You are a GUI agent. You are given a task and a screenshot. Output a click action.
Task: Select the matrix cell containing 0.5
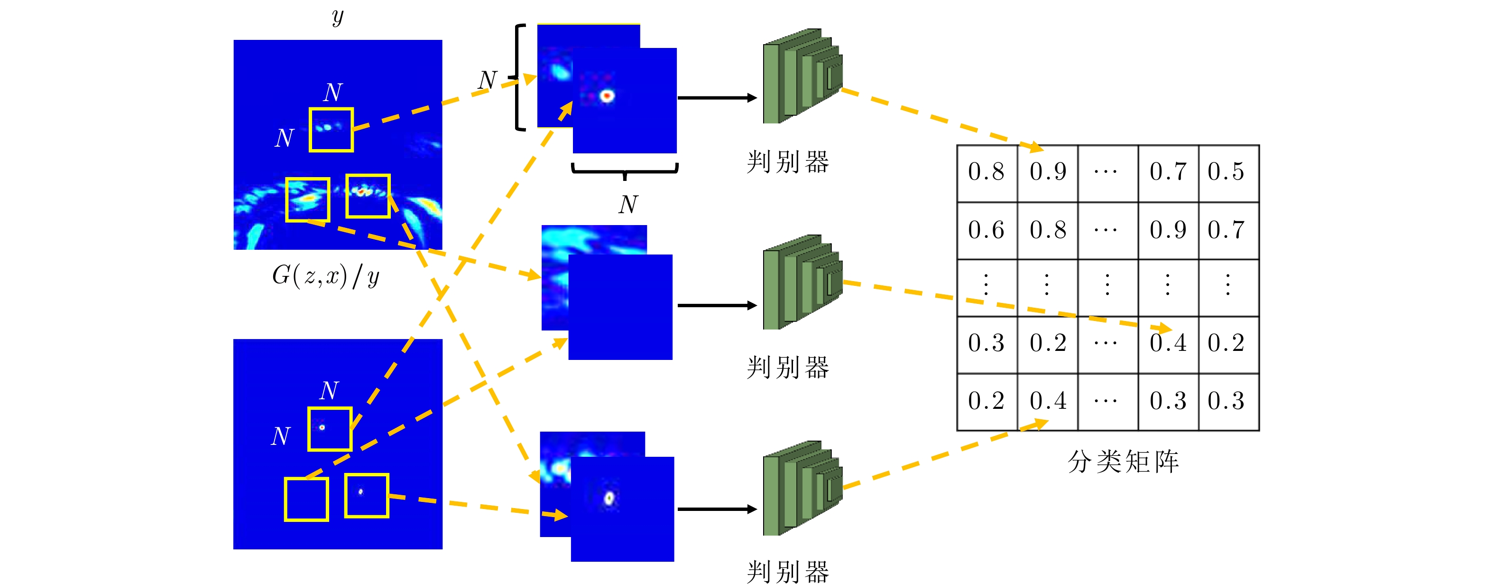[x=1228, y=172]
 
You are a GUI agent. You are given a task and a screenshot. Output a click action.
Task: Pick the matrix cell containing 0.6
[x=987, y=230]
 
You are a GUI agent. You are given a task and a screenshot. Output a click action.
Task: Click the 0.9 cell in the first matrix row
[x=1047, y=172]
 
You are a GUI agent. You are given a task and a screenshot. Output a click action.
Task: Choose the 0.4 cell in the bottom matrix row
[x=1047, y=401]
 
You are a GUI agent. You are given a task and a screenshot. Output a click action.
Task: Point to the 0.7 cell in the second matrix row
[x=1228, y=230]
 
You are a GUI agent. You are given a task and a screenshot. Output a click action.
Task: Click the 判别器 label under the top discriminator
[x=788, y=162]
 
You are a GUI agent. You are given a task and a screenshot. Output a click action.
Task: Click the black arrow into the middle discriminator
[x=717, y=305]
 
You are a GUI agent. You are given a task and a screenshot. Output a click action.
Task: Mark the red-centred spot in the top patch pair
[x=607, y=95]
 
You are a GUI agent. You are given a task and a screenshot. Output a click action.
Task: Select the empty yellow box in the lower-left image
[x=306, y=499]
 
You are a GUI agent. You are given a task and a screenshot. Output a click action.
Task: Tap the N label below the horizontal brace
[x=628, y=205]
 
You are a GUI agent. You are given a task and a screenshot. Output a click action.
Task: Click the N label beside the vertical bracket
[x=487, y=80]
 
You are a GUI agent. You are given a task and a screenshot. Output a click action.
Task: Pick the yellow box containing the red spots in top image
[x=368, y=196]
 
